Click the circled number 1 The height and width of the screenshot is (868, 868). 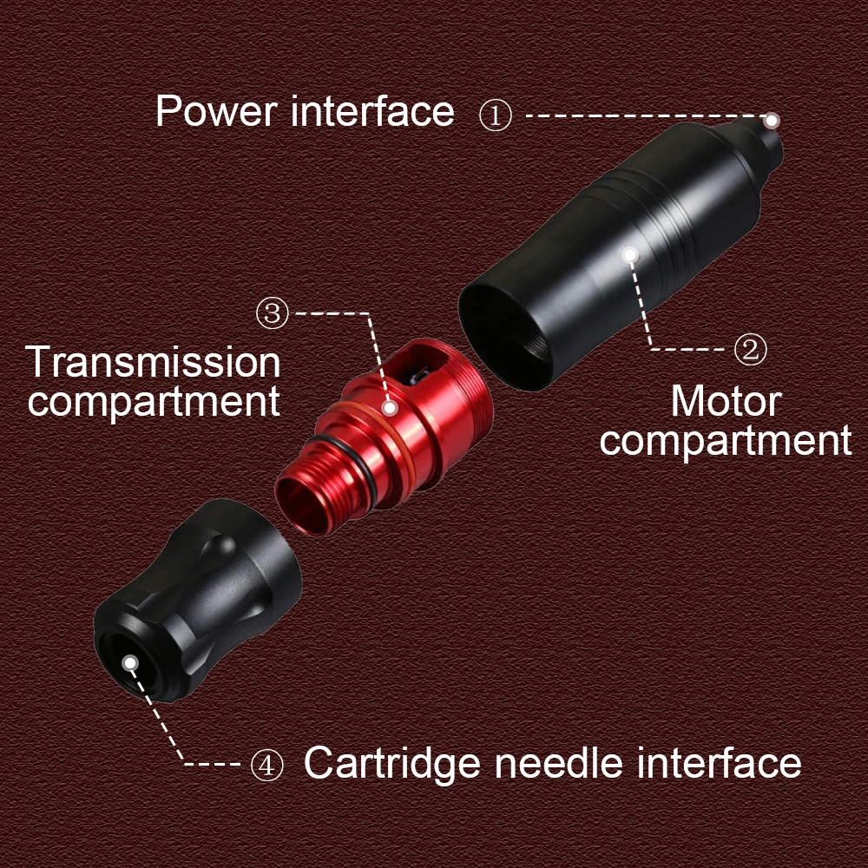pos(496,115)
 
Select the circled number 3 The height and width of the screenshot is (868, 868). pos(273,313)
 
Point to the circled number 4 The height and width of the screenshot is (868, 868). pos(267,765)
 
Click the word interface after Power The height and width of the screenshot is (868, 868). pos(373,112)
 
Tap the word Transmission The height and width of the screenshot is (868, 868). pos(154,362)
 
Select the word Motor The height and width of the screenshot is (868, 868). pos(726,401)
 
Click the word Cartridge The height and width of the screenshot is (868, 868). pos(392,764)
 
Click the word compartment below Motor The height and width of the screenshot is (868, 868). pos(726,441)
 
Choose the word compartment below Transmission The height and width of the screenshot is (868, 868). pos(154,402)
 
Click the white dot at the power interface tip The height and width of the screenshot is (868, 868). pos(772,120)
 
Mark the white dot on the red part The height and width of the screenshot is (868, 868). pos(391,407)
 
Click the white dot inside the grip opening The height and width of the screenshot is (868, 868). pos(130,663)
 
